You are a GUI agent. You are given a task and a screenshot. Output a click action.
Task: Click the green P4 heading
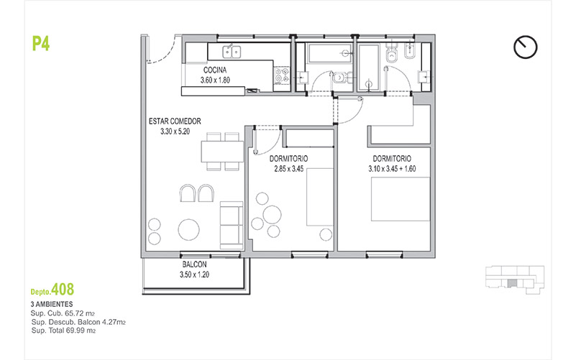[x=41, y=44]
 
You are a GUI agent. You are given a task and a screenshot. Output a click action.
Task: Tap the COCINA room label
[x=215, y=70]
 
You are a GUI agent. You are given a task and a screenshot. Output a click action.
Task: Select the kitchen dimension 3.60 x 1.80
[x=215, y=80]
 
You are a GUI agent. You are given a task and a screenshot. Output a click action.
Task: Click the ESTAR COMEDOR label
[x=175, y=121]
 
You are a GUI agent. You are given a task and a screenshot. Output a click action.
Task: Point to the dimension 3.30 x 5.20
[x=175, y=131]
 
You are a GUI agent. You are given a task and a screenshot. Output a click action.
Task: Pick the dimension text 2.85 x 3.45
[x=289, y=169]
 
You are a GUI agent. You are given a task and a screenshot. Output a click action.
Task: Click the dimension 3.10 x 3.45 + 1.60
[x=392, y=169]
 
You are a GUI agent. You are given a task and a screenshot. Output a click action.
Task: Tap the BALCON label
[x=194, y=264]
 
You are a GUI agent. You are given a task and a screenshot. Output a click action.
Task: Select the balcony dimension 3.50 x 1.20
[x=194, y=274]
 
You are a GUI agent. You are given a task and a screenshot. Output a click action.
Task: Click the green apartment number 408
[x=63, y=290]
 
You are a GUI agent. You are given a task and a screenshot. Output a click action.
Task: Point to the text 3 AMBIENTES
[x=52, y=304]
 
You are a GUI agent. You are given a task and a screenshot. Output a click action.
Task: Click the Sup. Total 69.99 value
[x=63, y=331]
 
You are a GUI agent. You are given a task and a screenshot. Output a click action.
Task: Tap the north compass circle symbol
[x=526, y=47]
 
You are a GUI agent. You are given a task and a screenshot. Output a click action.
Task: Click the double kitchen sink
[x=232, y=52]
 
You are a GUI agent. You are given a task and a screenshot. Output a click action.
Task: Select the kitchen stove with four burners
[x=282, y=75]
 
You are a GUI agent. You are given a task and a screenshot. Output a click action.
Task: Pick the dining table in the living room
[x=222, y=152]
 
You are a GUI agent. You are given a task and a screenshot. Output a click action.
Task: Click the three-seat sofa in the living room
[x=232, y=226]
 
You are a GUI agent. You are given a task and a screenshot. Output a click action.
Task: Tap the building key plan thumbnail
[x=515, y=280]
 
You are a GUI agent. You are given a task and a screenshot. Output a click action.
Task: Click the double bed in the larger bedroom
[x=401, y=199]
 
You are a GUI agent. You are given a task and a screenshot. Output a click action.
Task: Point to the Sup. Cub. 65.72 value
[x=63, y=313]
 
